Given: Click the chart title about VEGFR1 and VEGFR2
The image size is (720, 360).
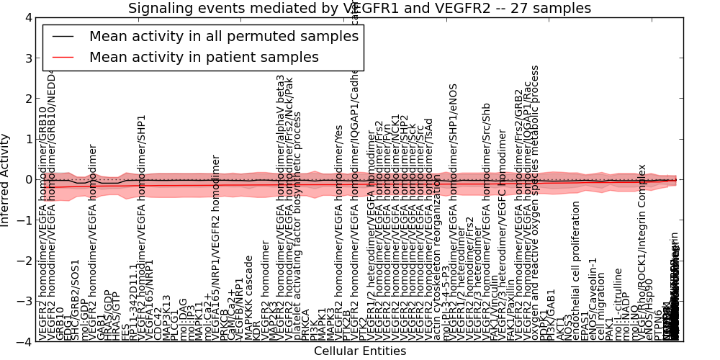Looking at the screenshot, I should (x=359, y=8).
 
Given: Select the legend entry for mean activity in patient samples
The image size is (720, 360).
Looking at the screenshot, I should (x=204, y=57).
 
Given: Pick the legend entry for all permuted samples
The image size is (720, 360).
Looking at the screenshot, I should (x=223, y=36).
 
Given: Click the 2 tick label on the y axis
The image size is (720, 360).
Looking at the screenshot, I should (x=28, y=99).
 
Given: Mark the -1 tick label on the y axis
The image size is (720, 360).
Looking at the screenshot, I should (x=25, y=220).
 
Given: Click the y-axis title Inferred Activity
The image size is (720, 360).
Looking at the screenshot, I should (x=6, y=180).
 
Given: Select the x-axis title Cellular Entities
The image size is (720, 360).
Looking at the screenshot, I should (x=359, y=351).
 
